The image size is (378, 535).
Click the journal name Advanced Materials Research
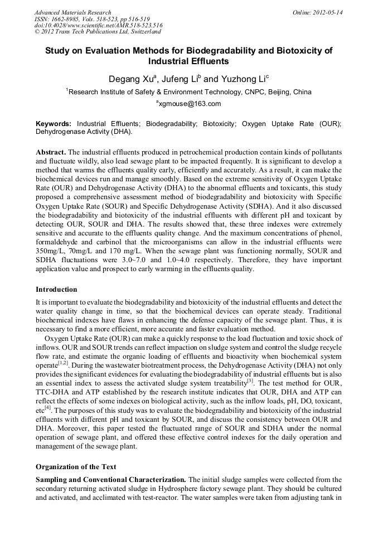click(x=72, y=12)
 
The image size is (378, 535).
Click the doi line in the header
click(x=98, y=26)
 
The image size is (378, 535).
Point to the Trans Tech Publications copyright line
click(x=98, y=32)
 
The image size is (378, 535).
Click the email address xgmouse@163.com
click(x=189, y=103)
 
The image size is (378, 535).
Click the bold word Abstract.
click(x=51, y=152)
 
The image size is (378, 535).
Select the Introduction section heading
click(x=56, y=290)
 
